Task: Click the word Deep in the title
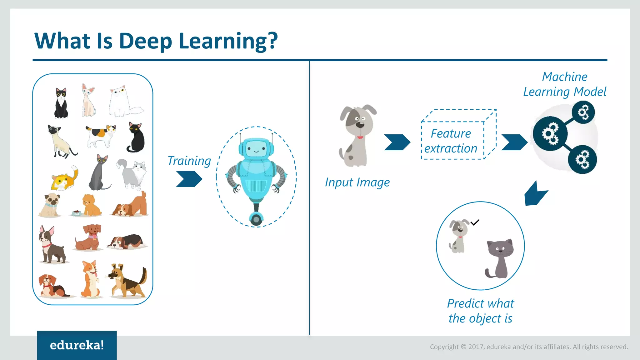tap(145, 41)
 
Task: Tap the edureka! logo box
tap(77, 345)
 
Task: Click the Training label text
tap(189, 161)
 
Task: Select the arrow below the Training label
tap(189, 179)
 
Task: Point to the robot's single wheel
tap(256, 219)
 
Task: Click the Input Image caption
tap(357, 182)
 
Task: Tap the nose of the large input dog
tap(360, 124)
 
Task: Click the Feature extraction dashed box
tap(452, 141)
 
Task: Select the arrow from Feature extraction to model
tap(514, 142)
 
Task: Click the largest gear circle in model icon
tap(550, 134)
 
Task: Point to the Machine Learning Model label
tap(564, 84)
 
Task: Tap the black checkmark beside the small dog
tap(475, 222)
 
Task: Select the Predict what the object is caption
tap(480, 311)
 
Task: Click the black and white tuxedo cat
tap(61, 103)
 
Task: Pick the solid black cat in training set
tap(136, 137)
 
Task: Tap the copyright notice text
tap(529, 347)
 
